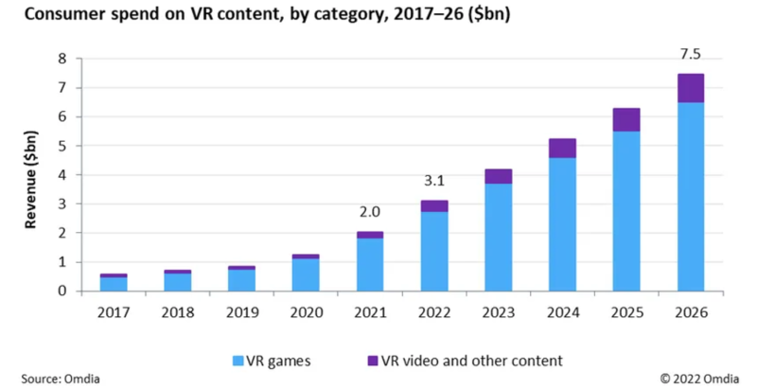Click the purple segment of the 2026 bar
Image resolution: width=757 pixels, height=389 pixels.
(690, 88)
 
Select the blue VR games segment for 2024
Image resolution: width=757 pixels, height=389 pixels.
(562, 224)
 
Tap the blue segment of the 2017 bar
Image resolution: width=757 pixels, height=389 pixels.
(114, 284)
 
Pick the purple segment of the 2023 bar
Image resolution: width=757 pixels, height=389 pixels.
(498, 176)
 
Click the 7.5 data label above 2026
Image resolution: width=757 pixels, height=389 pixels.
(690, 55)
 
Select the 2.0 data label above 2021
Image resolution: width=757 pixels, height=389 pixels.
(370, 213)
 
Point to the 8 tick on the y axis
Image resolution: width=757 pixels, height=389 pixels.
(63, 59)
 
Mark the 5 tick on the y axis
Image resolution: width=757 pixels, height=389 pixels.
(63, 146)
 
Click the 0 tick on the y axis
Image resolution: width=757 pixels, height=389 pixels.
(63, 292)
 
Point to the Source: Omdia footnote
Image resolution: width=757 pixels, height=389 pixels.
(53, 379)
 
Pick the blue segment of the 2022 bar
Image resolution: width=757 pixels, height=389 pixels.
(434, 251)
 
